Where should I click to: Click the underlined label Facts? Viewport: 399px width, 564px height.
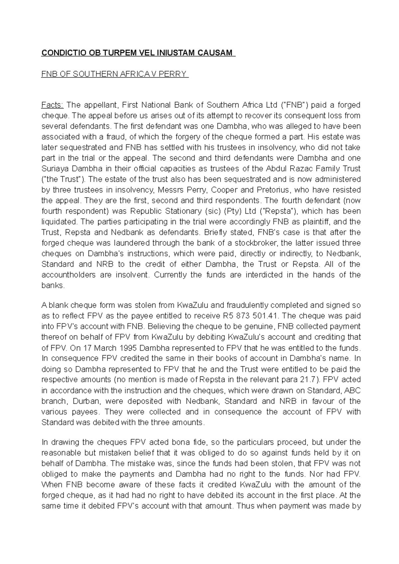(52, 105)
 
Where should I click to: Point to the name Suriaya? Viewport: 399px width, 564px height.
(54, 169)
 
